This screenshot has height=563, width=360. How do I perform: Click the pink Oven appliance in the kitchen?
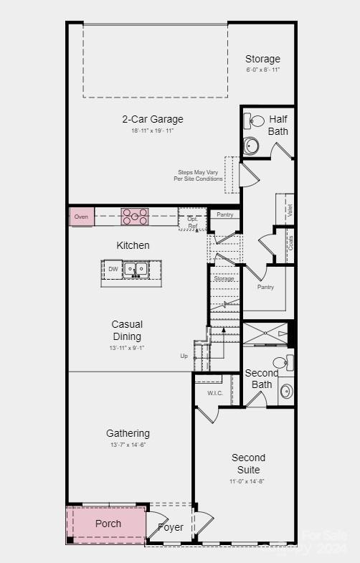pyautogui.click(x=82, y=217)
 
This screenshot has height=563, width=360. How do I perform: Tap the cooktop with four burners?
pyautogui.click(x=134, y=216)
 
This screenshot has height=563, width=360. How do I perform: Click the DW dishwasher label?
pyautogui.click(x=113, y=270)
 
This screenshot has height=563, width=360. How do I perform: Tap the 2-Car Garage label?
pyautogui.click(x=152, y=119)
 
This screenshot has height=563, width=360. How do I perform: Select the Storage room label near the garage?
pyautogui.click(x=262, y=59)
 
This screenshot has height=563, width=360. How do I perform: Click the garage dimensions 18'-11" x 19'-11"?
pyautogui.click(x=152, y=131)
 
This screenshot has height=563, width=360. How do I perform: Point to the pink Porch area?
pyautogui.click(x=108, y=524)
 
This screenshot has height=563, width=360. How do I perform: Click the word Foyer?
pyautogui.click(x=171, y=527)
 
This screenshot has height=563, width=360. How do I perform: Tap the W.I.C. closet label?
pyautogui.click(x=216, y=393)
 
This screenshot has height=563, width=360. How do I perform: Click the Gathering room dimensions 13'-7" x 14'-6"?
pyautogui.click(x=128, y=445)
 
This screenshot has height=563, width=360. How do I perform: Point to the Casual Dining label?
pyautogui.click(x=127, y=330)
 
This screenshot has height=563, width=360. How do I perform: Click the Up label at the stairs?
pyautogui.click(x=184, y=356)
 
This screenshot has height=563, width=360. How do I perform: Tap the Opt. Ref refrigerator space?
pyautogui.click(x=192, y=222)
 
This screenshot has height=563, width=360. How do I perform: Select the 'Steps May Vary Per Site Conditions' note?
pyautogui.click(x=198, y=176)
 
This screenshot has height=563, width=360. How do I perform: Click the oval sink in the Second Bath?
pyautogui.click(x=286, y=391)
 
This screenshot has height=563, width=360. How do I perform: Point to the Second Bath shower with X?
pyautogui.click(x=265, y=334)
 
